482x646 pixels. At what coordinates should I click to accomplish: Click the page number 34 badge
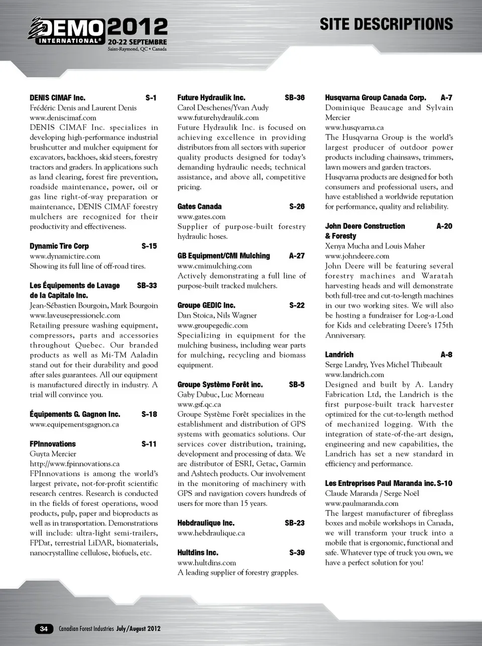tap(44, 628)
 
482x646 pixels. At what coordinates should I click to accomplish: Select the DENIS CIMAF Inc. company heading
tap(57, 98)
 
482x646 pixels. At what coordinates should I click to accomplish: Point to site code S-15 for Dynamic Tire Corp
tap(149, 246)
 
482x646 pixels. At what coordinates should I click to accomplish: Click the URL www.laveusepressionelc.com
tap(75, 315)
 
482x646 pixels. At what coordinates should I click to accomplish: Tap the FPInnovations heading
tap(53, 444)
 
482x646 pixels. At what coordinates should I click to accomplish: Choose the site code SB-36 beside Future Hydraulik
tap(295, 98)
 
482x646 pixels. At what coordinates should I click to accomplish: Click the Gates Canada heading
tap(199, 206)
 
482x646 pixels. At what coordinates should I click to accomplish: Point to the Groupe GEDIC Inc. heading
tap(206, 305)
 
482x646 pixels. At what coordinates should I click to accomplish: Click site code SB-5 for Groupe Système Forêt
tap(297, 384)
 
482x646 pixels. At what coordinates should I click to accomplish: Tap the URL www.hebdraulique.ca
tap(211, 533)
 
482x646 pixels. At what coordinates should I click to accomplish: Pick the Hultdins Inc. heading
tap(198, 553)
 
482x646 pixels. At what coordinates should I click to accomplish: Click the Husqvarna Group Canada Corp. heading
tap(375, 98)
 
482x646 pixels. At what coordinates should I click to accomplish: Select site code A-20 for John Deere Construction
tap(444, 226)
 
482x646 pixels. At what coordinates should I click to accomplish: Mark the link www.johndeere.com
tap(357, 256)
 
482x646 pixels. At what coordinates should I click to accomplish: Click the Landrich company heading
tap(339, 354)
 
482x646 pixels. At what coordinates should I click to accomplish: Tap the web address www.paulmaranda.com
tap(361, 503)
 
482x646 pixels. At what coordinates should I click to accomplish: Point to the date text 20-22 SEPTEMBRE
tap(137, 42)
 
